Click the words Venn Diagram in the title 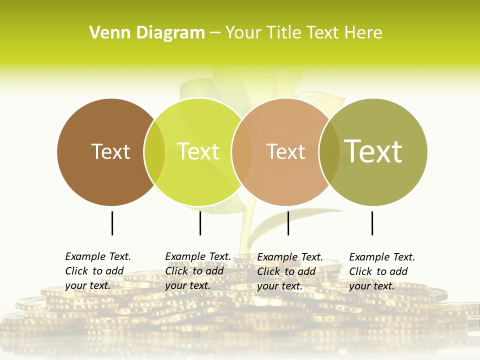point(147,33)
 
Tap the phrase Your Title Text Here point(303,33)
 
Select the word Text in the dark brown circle point(110,151)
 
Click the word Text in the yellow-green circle point(198,151)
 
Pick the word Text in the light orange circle point(285,151)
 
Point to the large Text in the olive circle point(373,151)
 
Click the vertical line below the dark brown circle point(112,223)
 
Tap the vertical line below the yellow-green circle point(200,223)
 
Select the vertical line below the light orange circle point(288,223)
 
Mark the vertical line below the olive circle point(372,223)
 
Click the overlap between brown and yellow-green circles point(154,152)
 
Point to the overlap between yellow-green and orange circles point(242,152)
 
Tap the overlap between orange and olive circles point(329,152)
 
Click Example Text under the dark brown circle point(98,256)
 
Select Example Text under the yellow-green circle point(198,256)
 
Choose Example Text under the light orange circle point(290,257)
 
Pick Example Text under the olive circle point(382,257)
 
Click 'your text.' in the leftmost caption point(87,286)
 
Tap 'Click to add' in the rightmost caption point(378,271)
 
